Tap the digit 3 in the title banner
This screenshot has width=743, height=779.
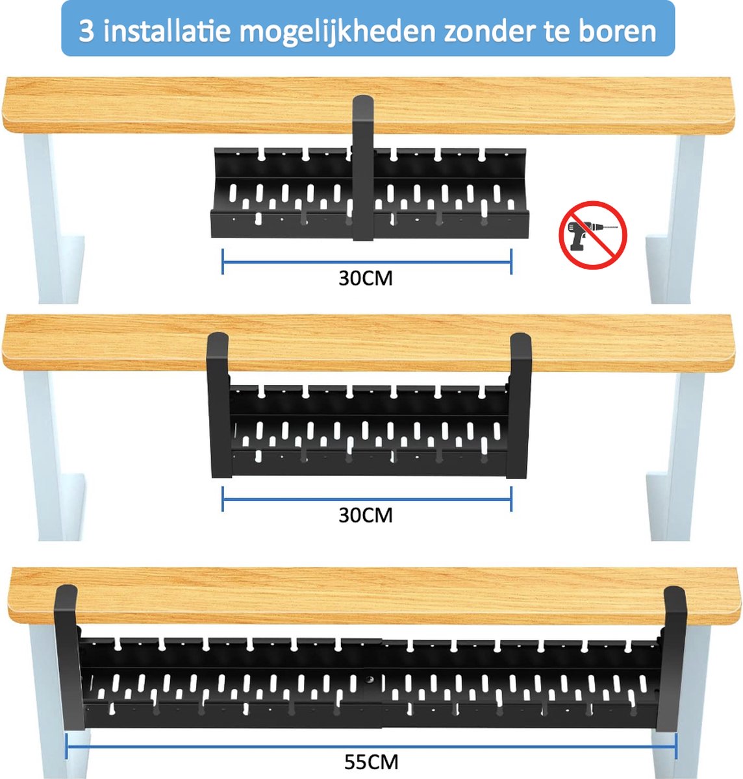(x=86, y=31)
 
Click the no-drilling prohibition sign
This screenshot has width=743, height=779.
(x=593, y=235)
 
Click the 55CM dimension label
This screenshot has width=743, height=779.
(x=371, y=762)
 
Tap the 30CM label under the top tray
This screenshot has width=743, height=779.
(x=366, y=278)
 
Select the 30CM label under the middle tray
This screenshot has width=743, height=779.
(x=366, y=515)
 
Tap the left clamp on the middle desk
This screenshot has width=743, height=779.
(x=218, y=404)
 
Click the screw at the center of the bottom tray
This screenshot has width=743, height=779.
(x=370, y=680)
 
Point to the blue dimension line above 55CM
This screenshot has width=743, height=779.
(x=371, y=747)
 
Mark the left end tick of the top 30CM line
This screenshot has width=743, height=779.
(x=223, y=262)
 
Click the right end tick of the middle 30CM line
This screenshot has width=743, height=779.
(x=511, y=499)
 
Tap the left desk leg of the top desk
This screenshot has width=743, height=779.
(x=53, y=218)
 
